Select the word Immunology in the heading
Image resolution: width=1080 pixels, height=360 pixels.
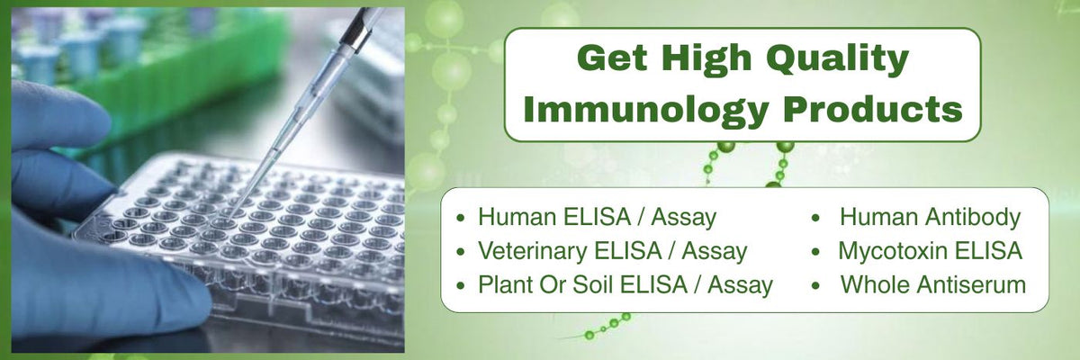(x=645, y=111)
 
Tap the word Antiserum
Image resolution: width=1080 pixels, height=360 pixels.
(x=971, y=284)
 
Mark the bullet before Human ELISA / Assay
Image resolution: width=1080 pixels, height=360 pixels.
(x=461, y=218)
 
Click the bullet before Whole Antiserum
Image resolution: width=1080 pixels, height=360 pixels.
(x=815, y=285)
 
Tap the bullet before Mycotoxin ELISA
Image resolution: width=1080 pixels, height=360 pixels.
(x=815, y=252)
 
